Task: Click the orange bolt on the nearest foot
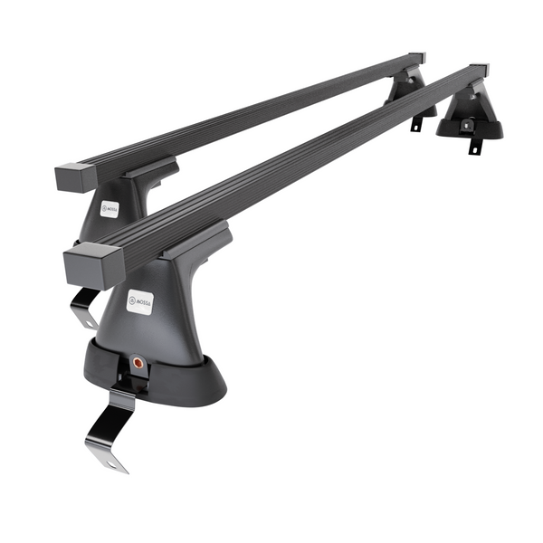pos(138,361)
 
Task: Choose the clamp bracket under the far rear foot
pos(417,123)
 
